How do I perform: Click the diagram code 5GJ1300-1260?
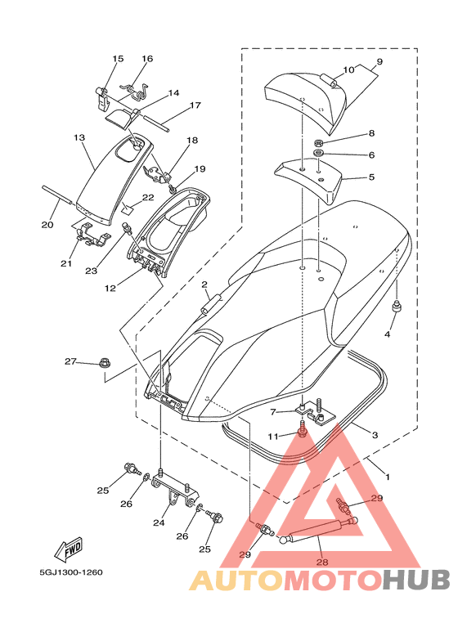click(x=71, y=572)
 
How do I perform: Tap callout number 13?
click(x=79, y=138)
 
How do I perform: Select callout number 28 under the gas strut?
click(x=322, y=562)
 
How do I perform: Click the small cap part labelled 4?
click(x=396, y=307)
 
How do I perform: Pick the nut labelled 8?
click(x=318, y=143)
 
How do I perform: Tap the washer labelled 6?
click(x=318, y=153)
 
